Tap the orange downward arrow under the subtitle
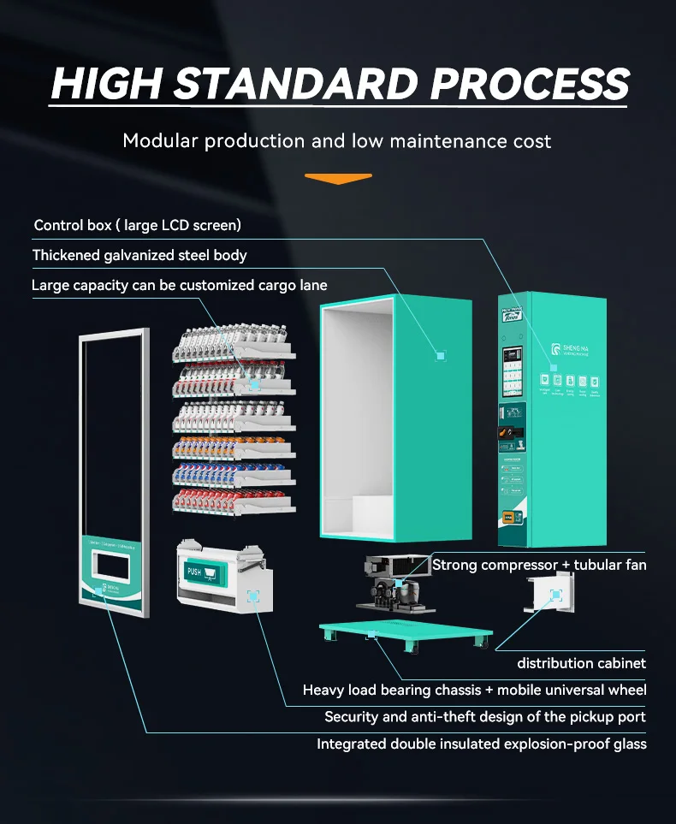point(338,179)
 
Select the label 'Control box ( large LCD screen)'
point(138,225)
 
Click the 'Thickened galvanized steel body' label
point(139,255)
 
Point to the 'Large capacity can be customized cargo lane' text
point(180,285)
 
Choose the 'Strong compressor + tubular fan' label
point(539,565)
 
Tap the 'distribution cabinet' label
point(581,663)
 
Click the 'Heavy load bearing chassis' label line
point(475,690)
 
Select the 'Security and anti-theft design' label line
point(485,717)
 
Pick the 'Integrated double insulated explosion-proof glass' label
point(482,744)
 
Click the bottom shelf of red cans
point(235,501)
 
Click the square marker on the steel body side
point(441,353)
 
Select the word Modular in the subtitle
point(160,140)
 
